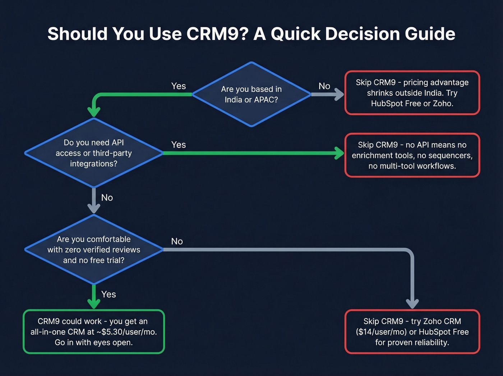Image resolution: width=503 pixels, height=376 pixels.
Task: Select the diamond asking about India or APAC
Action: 251,94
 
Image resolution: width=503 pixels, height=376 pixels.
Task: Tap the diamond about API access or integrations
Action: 94,153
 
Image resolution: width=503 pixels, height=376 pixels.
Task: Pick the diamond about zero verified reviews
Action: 94,249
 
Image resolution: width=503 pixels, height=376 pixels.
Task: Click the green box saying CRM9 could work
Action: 94,331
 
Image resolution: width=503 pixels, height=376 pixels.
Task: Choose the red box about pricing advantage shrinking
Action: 412,93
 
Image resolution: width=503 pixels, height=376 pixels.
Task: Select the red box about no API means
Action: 412,155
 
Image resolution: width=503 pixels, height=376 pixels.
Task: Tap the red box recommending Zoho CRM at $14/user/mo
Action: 412,331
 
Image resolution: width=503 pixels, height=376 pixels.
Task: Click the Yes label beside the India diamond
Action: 179,86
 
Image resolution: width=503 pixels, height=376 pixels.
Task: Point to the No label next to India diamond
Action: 324,86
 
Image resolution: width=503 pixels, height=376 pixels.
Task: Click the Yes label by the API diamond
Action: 179,145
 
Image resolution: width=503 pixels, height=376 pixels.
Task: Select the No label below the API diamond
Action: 107,198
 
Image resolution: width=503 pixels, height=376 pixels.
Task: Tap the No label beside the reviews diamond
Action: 177,241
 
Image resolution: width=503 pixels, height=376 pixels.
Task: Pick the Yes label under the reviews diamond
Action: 109,294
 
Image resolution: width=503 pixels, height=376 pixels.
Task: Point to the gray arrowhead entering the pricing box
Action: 339,94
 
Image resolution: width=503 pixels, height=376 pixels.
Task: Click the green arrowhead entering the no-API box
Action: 339,153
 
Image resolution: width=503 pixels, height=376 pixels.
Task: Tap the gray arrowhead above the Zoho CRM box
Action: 412,304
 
